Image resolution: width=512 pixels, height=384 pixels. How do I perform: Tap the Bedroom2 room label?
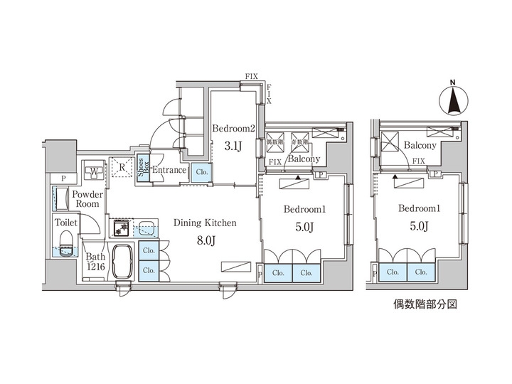coord(233,129)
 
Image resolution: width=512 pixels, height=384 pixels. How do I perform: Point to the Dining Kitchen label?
coord(204,223)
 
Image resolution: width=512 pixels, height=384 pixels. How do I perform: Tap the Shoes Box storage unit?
coord(143,171)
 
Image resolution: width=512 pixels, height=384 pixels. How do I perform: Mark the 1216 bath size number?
coord(95,267)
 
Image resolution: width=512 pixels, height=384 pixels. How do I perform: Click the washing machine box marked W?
coord(94,171)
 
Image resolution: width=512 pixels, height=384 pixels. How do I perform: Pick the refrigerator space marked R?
coord(122,169)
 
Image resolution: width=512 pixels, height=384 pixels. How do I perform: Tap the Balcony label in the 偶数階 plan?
coord(420,145)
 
